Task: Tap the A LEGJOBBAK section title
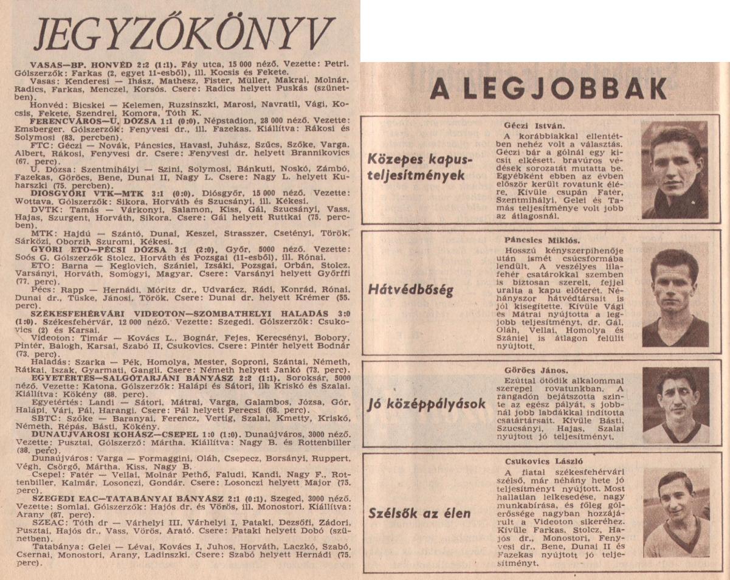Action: (x=546, y=89)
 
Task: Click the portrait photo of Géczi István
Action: (x=675, y=170)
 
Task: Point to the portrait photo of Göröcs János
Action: (x=675, y=405)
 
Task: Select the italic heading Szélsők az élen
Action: (x=419, y=513)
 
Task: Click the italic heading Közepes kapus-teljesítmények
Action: (x=419, y=167)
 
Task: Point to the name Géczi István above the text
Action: (x=529, y=126)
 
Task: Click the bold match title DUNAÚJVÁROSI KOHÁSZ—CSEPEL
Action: (x=98, y=435)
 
